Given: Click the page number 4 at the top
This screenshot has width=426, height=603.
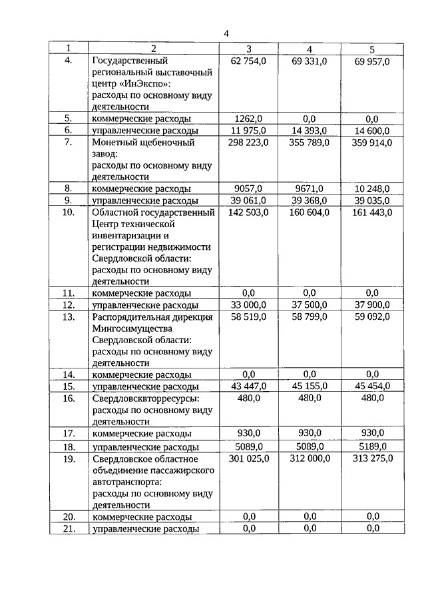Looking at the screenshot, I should [226, 33].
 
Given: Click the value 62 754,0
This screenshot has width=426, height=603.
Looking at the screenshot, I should [248, 61].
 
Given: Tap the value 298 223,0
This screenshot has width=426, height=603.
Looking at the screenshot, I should [248, 143].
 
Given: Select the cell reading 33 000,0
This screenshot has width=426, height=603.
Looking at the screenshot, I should [248, 305].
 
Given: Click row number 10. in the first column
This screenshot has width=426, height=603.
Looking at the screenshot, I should [68, 213].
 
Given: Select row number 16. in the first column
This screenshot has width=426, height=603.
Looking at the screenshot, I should [68, 398].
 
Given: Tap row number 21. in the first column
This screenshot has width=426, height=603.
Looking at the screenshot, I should [68, 528].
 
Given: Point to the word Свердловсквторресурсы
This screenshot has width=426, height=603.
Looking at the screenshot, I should [146, 398].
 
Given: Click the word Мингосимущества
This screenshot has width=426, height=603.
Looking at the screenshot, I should [132, 328].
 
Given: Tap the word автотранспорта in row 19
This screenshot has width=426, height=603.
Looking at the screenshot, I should [127, 481].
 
